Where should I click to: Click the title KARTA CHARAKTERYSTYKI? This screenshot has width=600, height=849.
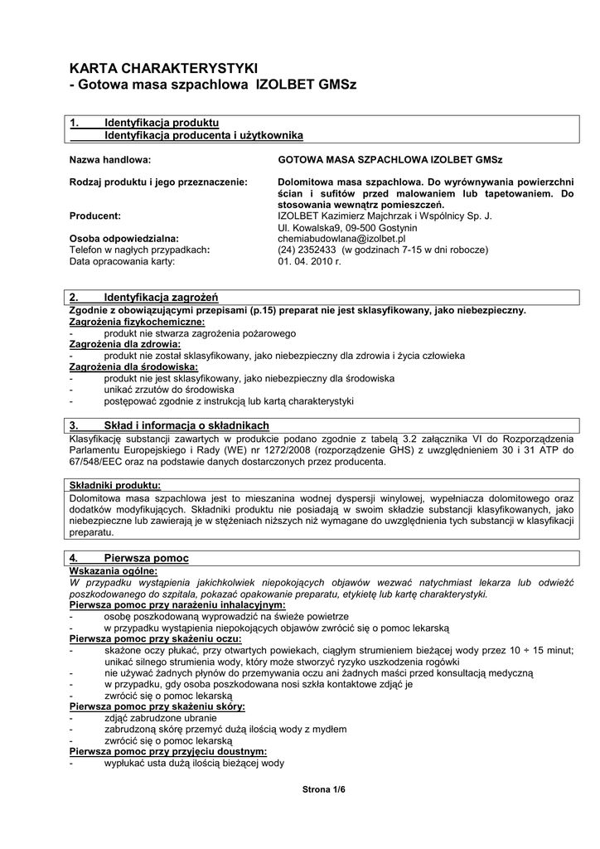tap(164, 68)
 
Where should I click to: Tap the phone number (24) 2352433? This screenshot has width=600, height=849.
tap(306, 249)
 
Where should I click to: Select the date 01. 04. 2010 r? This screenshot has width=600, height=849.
tap(309, 260)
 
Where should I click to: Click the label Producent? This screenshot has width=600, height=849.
tap(95, 216)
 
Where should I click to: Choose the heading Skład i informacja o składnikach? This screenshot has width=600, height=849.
tap(186, 425)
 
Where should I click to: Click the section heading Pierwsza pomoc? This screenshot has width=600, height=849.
tap(146, 558)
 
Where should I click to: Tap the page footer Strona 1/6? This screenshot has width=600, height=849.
tap(322, 790)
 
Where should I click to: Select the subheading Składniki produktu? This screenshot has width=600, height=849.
tap(115, 485)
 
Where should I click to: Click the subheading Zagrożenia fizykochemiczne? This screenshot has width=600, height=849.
tap(137, 321)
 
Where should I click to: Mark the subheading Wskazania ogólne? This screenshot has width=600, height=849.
tap(113, 570)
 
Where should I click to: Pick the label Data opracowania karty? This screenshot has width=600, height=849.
tap(122, 260)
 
